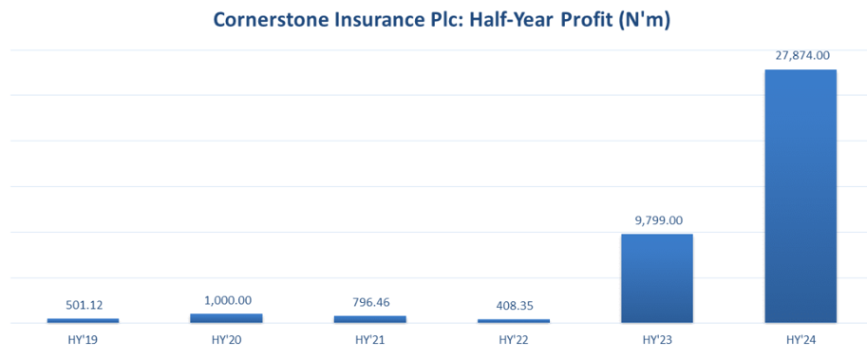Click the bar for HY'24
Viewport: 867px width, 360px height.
[801, 196]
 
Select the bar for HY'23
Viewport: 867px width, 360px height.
[656, 278]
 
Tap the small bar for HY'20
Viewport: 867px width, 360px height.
[226, 318]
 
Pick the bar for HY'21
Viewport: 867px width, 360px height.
[369, 319]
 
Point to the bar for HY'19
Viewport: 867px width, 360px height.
[83, 320]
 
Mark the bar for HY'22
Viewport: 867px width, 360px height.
[513, 321]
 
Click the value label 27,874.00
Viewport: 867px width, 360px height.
[801, 56]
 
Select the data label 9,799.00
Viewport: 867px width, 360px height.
[656, 220]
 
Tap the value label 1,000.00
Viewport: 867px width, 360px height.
[226, 300]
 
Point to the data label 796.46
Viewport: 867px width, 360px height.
[369, 303]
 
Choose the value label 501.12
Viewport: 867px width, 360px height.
[83, 306]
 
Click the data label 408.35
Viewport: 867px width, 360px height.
[513, 307]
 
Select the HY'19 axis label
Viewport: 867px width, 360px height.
[83, 338]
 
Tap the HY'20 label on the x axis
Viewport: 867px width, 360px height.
[226, 338]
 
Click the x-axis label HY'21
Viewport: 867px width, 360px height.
[369, 338]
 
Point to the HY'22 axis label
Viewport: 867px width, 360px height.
[513, 338]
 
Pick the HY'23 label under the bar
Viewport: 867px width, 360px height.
[656, 338]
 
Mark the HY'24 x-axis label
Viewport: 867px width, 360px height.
[801, 338]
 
